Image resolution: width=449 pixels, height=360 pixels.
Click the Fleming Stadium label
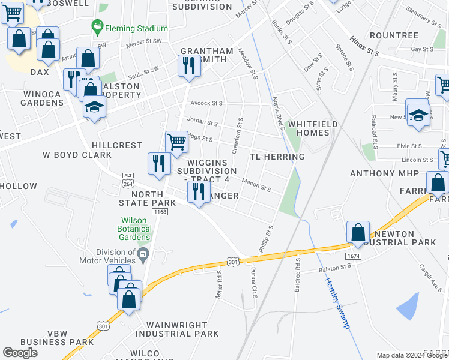[x=136, y=28]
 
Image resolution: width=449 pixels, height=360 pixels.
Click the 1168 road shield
[x=160, y=212]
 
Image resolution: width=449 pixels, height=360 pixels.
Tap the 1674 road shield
[x=352, y=256]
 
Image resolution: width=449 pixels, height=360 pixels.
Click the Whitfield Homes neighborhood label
[x=312, y=128]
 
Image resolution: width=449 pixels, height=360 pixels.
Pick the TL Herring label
[x=277, y=157]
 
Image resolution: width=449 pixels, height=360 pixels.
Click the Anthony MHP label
[x=379, y=174]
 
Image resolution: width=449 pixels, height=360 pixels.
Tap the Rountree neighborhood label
[x=394, y=35]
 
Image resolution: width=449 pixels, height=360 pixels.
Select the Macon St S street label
[x=257, y=184]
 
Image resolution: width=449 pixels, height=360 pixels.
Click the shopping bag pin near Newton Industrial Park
[x=358, y=232]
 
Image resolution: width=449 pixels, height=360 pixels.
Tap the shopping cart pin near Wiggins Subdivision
[x=176, y=142]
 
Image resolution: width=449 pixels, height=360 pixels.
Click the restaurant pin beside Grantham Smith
[x=190, y=65]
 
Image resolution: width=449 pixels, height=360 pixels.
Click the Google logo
[x=20, y=353]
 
